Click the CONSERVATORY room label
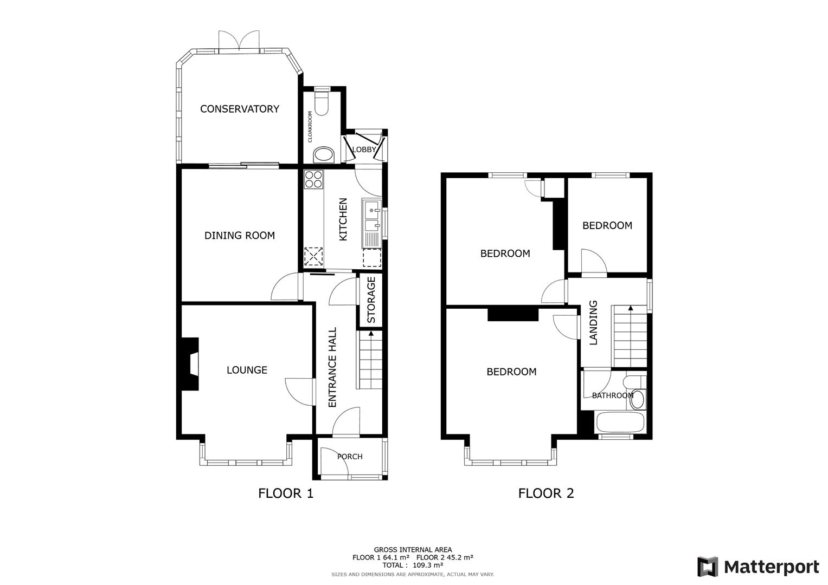(239, 109)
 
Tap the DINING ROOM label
(239, 236)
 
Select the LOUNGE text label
(247, 370)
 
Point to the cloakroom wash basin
(324, 155)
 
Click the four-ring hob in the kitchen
(313, 179)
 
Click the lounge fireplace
(189, 363)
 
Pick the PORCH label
(350, 457)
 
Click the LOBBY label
(364, 149)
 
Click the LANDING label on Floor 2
(593, 323)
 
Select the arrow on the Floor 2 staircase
(630, 309)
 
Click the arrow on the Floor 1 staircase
(371, 334)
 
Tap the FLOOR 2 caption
(545, 493)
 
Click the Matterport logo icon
(707, 567)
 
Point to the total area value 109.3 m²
(428, 564)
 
